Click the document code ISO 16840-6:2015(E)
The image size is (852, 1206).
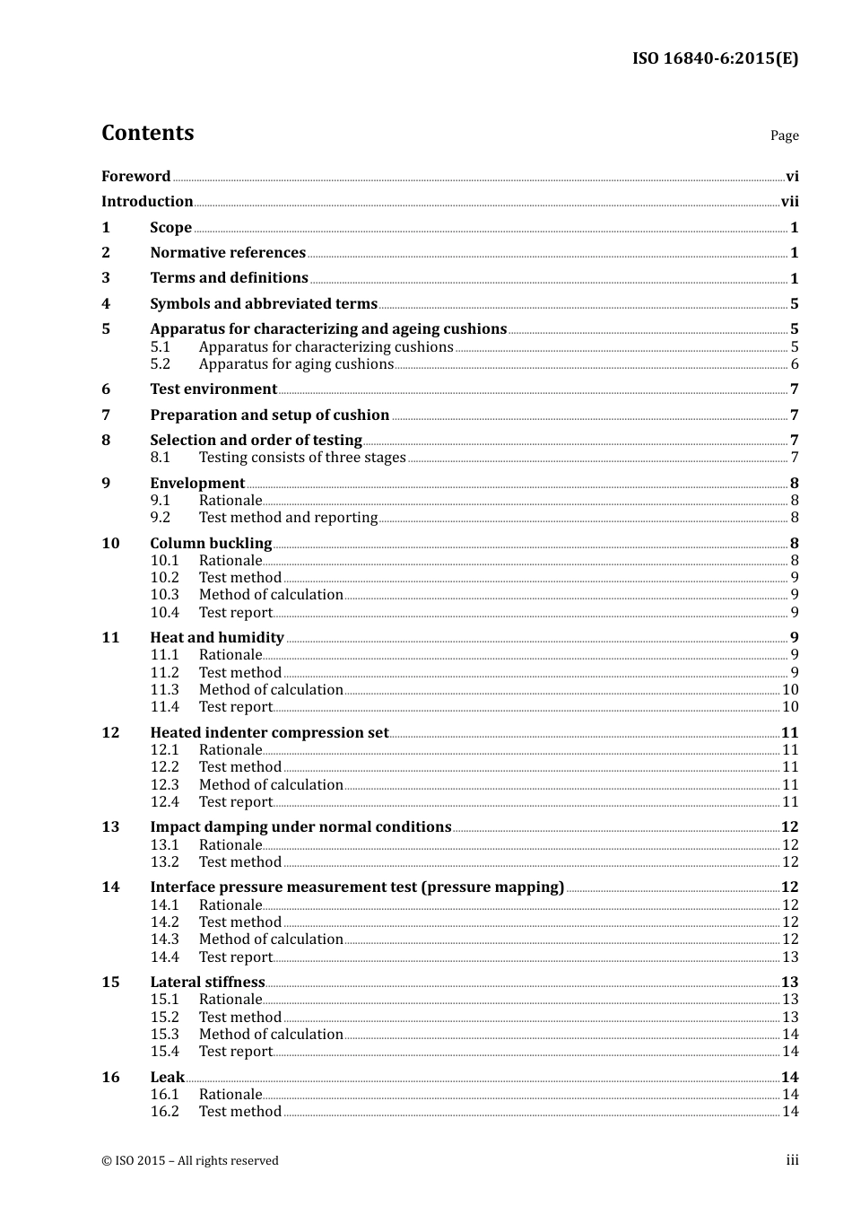715,58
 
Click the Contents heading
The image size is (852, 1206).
147,133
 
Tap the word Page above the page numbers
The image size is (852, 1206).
784,135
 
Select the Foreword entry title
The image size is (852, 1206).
135,177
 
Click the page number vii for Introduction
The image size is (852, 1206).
789,202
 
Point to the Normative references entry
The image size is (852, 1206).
228,253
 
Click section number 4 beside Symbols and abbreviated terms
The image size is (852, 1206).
106,304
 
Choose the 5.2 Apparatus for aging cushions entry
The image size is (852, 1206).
296,364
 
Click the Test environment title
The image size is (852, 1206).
213,389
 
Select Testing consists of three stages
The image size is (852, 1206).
302,458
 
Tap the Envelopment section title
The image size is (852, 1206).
197,484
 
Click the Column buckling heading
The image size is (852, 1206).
211,544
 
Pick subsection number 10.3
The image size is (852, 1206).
164,595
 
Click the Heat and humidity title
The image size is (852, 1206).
217,638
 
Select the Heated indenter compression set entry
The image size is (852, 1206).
269,733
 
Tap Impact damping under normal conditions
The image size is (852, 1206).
300,827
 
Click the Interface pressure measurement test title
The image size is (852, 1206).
357,887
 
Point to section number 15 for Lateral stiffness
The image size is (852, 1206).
110,983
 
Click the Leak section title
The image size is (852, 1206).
167,1078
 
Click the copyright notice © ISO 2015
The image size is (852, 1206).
190,1161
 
